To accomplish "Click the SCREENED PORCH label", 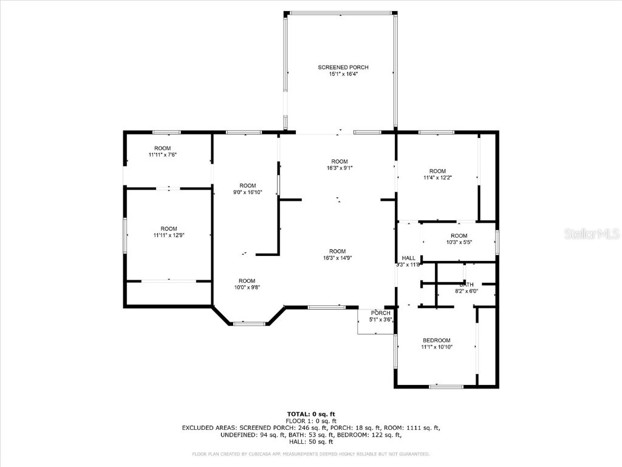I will pos(343,67).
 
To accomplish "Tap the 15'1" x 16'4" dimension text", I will pos(343,74).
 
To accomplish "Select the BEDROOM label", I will pos(437,340).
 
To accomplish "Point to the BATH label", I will pos(466,284).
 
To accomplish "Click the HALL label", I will pos(408,258).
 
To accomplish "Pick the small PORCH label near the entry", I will pos(381,313).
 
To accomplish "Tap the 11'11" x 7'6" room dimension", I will pos(162,155).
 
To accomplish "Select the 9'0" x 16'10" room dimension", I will pos(247,192).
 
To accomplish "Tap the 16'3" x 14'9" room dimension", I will pos(337,258).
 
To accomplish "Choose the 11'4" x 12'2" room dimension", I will pos(437,178).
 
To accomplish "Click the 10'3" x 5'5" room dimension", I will pos(459,243).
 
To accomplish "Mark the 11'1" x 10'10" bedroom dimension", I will pos(437,347).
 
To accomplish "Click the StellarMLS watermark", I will pos(591,233).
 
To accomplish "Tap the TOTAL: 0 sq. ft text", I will pos(310,414).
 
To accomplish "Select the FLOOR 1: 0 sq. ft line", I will pos(310,421).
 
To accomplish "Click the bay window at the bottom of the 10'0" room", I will pos(249,323).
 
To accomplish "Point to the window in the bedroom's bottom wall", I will pos(446,386).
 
